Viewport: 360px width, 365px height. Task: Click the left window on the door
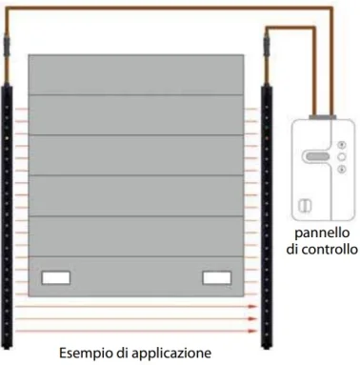coord(56,278)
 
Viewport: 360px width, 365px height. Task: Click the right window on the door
coord(217,278)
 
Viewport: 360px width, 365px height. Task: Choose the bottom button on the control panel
coord(339,172)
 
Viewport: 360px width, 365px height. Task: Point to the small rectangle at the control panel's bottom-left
coord(304,202)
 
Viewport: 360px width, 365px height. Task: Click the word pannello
coord(321,233)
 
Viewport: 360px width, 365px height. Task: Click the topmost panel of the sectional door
coord(142,73)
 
